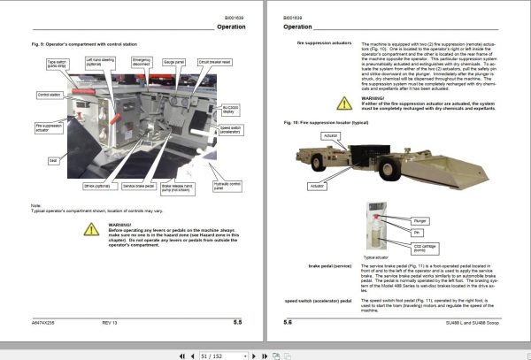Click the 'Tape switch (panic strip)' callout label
coord(58,63)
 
